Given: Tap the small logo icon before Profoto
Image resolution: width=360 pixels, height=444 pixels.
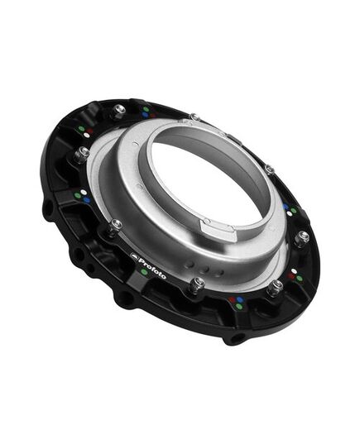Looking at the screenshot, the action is coord(134,255).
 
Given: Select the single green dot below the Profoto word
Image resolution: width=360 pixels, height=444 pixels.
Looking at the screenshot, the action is coord(145,272).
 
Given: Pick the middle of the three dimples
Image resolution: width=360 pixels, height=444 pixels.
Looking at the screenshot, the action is coord(204,270).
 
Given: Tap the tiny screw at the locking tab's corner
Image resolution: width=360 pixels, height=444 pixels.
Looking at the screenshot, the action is coord(207,221).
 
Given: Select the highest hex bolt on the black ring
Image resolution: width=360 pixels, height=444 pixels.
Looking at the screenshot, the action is coord(119,110).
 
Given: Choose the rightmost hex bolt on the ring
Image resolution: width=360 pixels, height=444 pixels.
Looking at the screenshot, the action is coord(301,237).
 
